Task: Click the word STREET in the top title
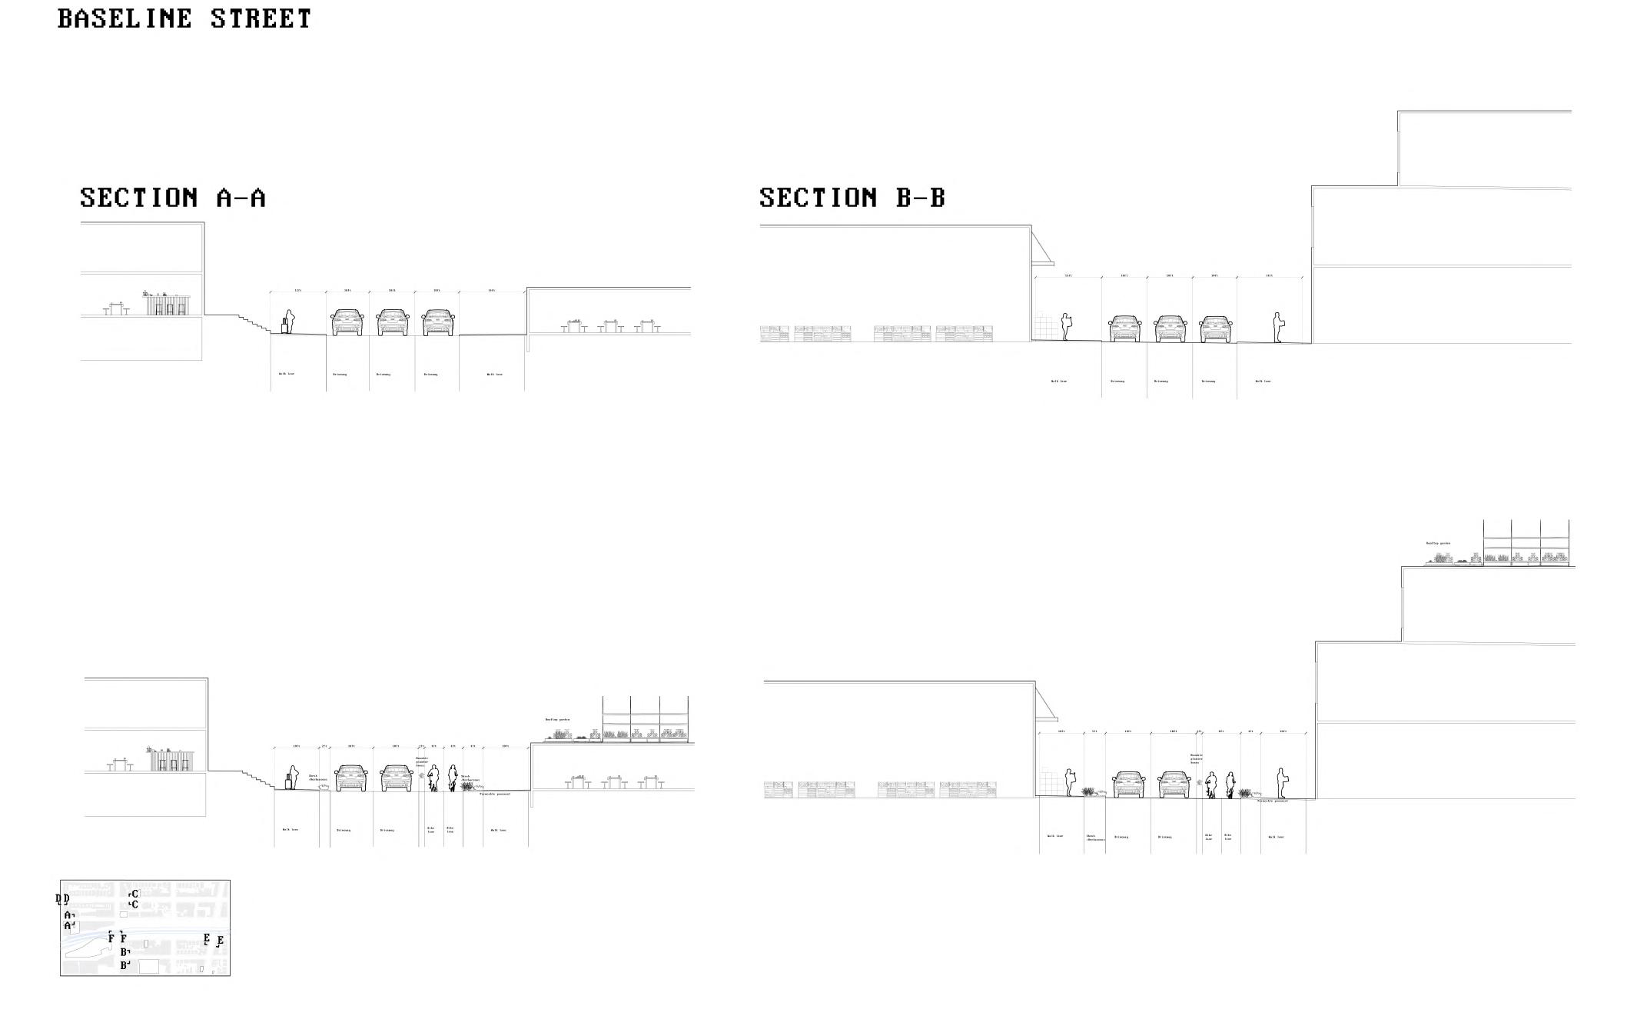click(x=261, y=18)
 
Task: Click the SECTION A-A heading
click(x=173, y=198)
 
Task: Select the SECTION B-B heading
click(x=852, y=198)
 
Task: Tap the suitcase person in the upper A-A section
click(x=288, y=321)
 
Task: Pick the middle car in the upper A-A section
click(x=393, y=322)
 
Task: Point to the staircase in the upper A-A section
click(x=253, y=323)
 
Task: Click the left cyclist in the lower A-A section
click(x=434, y=778)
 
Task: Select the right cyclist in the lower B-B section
click(x=1230, y=784)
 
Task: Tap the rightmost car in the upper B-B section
click(x=1216, y=328)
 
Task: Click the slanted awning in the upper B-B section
click(x=1042, y=247)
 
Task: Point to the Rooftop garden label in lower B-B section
click(x=1437, y=543)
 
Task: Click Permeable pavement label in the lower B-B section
click(x=1273, y=801)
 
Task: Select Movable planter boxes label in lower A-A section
click(x=422, y=761)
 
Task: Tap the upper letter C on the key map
click(x=134, y=894)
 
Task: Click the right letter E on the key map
click(x=221, y=941)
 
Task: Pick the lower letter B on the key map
click(x=124, y=964)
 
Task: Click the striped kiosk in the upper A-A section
click(x=168, y=305)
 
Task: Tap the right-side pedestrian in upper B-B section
click(x=1277, y=328)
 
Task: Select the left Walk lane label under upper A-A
click(x=286, y=374)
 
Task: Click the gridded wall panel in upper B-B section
click(x=1044, y=326)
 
